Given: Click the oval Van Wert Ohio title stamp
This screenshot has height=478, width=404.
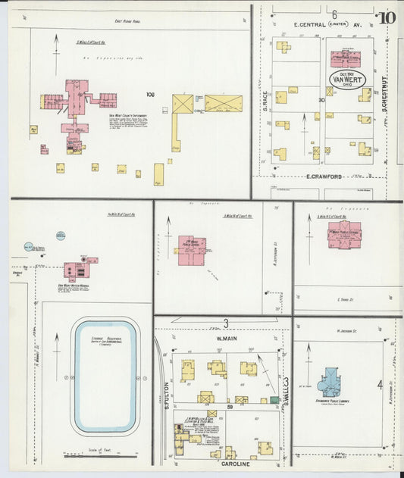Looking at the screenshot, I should click(346, 79).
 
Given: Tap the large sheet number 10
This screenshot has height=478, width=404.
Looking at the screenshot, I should click(387, 17).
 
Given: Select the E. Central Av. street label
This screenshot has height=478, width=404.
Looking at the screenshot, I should click(309, 24).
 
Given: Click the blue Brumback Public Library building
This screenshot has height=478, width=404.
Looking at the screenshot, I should click(330, 383).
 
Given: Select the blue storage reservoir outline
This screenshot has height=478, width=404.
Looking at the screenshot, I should click(105, 376).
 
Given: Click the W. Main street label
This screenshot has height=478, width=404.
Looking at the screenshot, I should click(224, 341).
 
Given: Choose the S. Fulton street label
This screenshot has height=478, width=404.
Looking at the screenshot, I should click(164, 400).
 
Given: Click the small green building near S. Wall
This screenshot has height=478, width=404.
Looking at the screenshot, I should click(274, 399).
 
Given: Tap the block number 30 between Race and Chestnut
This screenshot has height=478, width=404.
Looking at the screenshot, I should click(321, 99).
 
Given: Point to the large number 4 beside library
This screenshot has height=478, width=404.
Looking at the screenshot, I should click(380, 386).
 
